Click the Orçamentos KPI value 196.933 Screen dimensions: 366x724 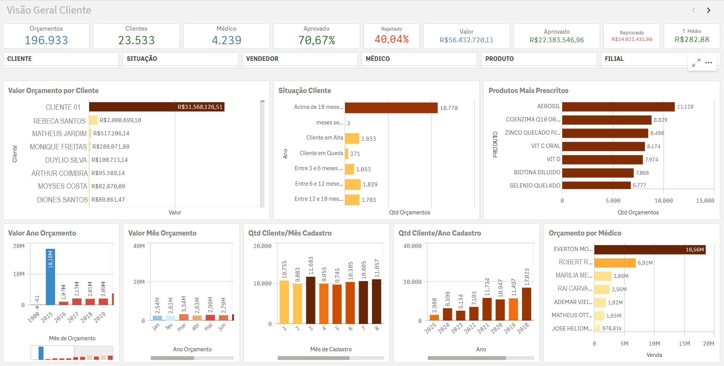[46, 40]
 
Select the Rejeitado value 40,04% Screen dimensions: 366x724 [391, 39]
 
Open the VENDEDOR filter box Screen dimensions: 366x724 [300, 59]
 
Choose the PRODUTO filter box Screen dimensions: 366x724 [538, 59]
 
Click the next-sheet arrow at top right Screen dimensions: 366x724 [709, 10]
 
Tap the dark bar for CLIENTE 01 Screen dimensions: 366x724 [156, 107]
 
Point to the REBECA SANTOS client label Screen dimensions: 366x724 [59, 121]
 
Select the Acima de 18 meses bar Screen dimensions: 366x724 [391, 108]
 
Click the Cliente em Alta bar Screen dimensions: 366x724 [352, 138]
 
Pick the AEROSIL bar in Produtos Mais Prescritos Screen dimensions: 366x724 [618, 107]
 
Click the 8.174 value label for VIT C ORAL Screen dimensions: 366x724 [653, 146]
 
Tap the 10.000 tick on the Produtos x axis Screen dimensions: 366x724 [663, 201]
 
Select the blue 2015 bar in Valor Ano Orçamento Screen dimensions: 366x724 [50, 277]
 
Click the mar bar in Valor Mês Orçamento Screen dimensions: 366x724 [184, 317]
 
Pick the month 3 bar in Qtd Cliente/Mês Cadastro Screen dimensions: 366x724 [311, 300]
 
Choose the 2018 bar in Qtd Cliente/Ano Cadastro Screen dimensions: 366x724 [526, 304]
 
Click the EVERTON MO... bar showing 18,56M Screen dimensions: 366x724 [650, 250]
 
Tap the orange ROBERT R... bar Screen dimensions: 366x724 [615, 263]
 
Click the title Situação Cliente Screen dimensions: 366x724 [305, 91]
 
